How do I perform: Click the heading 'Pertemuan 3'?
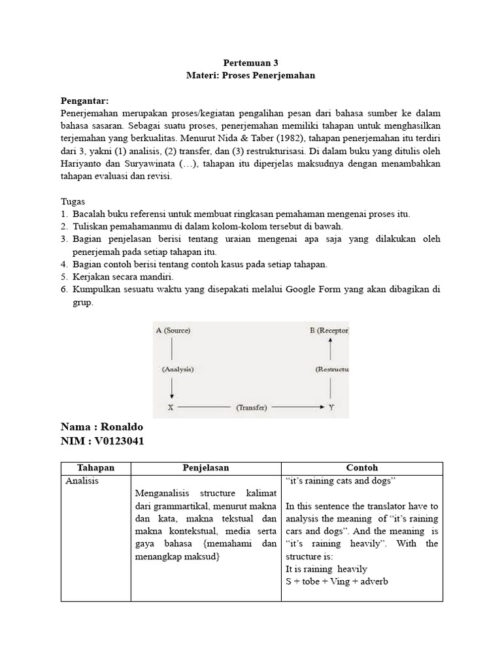(250, 63)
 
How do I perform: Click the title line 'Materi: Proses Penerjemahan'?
(250, 76)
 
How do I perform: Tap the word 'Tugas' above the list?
(73, 201)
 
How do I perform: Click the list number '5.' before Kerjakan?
(64, 276)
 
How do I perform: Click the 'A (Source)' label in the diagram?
(173, 331)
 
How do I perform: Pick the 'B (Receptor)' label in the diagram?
(329, 331)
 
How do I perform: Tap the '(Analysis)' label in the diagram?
(177, 369)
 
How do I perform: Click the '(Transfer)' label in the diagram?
(251, 408)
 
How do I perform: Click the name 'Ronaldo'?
(120, 427)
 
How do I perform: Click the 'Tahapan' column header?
(95, 468)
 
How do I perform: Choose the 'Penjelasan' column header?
(205, 468)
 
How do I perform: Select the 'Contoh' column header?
(361, 468)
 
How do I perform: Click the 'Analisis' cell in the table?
(82, 481)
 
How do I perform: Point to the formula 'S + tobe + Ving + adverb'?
(337, 581)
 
